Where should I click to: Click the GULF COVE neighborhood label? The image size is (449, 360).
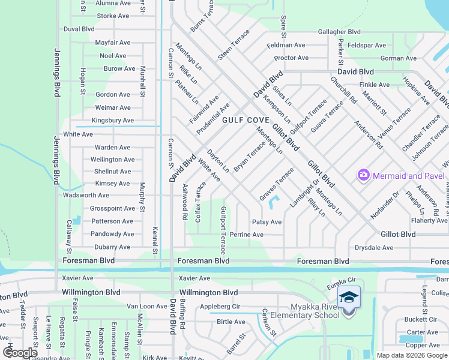click(246, 120)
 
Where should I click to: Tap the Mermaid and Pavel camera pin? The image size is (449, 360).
click(363, 175)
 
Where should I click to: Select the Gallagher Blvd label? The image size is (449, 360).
click(339, 32)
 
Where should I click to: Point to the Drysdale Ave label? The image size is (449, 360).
click(373, 248)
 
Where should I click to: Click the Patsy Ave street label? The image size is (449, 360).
click(267, 222)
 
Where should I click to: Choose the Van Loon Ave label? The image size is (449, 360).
click(146, 306)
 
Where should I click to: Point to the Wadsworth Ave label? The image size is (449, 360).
click(86, 196)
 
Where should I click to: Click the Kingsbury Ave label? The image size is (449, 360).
click(112, 121)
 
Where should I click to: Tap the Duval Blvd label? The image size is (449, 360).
click(79, 29)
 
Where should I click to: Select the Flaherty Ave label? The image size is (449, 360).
click(429, 221)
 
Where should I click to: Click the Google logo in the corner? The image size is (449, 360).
click(20, 353)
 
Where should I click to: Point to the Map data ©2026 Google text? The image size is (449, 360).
click(411, 355)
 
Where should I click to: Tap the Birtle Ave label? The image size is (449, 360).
click(231, 322)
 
